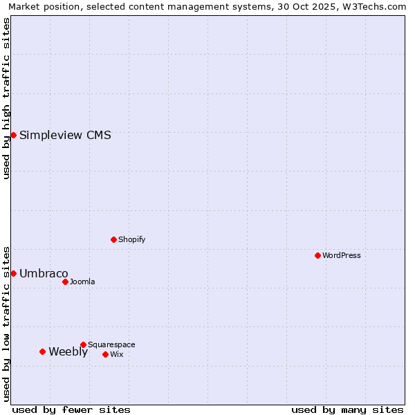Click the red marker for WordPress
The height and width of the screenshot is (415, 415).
317,255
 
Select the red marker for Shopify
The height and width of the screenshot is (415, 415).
113,239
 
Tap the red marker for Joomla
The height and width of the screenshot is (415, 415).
65,282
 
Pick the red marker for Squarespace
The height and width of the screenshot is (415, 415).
83,344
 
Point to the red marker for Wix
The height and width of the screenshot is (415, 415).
105,354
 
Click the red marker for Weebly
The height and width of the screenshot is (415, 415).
42,351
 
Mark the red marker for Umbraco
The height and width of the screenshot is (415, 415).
13,273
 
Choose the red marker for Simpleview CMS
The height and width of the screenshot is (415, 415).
13,135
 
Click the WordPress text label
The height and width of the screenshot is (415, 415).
342,255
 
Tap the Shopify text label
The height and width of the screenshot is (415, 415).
131,239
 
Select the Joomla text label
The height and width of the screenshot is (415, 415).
82,282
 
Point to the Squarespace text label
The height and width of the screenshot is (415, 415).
111,344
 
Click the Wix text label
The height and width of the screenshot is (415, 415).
116,354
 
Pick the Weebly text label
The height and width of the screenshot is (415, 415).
68,351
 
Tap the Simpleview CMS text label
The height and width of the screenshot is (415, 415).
65,135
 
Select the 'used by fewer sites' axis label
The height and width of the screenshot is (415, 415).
71,409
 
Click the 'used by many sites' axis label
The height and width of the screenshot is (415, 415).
347,409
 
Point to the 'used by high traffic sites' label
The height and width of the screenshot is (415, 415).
6,98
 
